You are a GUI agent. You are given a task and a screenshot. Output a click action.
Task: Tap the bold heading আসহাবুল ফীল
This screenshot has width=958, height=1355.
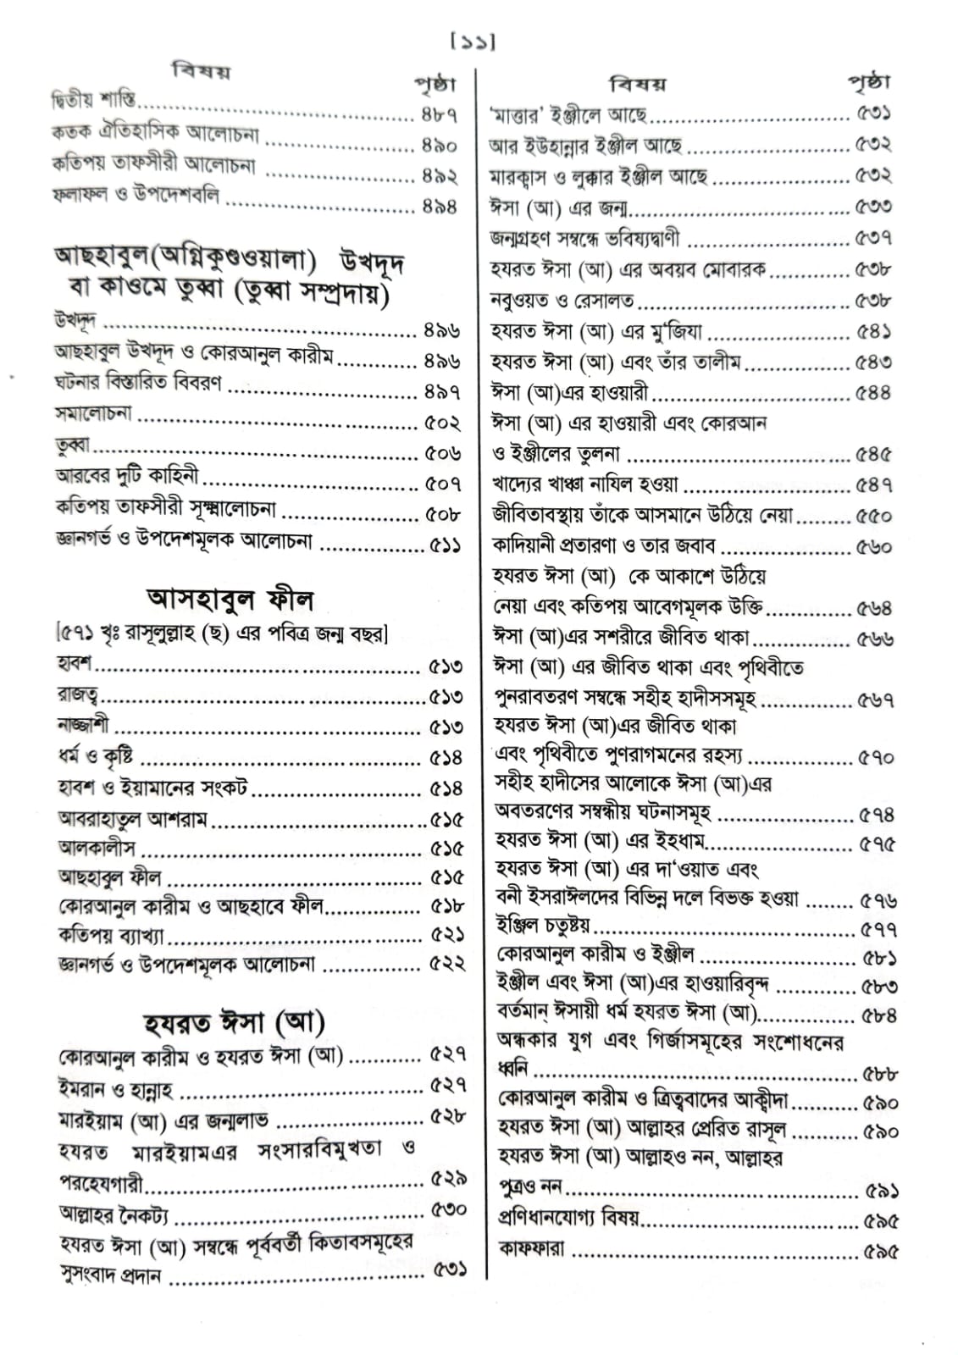click(230, 600)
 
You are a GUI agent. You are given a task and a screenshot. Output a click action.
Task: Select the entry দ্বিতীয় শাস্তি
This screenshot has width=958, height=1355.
click(93, 101)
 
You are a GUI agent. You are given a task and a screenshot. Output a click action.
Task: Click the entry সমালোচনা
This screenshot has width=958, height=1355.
click(93, 415)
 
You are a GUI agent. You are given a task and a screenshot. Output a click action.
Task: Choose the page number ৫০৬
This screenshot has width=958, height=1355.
click(442, 453)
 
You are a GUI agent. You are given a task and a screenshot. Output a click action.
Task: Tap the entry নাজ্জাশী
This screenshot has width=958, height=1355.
click(83, 727)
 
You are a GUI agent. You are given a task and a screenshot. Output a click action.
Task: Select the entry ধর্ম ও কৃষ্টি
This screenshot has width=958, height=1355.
click(95, 757)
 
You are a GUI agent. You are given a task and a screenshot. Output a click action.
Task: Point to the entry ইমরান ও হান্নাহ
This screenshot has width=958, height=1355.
click(116, 1089)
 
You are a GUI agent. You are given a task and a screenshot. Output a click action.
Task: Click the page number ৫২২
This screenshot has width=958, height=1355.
click(447, 964)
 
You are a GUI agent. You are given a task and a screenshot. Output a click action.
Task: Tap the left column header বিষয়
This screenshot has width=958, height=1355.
click(201, 71)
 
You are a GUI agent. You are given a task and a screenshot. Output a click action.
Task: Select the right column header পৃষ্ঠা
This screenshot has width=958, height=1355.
click(868, 82)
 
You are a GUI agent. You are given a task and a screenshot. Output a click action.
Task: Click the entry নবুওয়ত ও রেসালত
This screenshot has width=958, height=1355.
click(562, 301)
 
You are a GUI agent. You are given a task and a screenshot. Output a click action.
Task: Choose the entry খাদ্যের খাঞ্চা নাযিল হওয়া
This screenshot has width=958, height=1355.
click(585, 484)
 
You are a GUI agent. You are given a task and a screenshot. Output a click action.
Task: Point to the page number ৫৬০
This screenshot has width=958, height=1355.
click(873, 547)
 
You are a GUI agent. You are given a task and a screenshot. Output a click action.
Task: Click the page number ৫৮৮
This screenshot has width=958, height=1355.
click(879, 1074)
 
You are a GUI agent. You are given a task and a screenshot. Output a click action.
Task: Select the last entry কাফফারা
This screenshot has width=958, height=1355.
click(532, 1248)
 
